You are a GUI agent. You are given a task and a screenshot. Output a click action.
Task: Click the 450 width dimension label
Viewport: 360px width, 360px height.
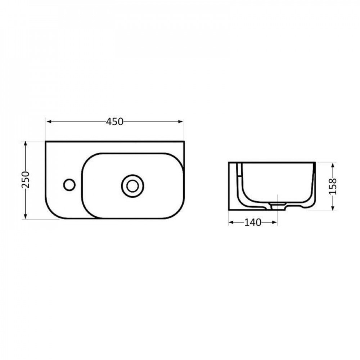115,122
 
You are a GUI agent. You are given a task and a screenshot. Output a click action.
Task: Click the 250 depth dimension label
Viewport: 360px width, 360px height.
25,180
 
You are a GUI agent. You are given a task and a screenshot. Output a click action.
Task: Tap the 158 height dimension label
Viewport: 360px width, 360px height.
333,186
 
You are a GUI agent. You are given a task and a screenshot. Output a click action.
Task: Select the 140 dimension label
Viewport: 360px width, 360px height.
253,222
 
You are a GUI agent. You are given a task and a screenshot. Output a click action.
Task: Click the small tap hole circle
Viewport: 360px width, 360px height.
69,185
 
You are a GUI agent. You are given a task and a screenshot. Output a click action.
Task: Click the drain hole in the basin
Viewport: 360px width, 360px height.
132,186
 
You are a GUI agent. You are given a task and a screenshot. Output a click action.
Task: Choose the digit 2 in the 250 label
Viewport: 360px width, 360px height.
25,185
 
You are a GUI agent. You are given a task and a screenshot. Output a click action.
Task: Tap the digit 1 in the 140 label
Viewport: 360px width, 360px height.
247,222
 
